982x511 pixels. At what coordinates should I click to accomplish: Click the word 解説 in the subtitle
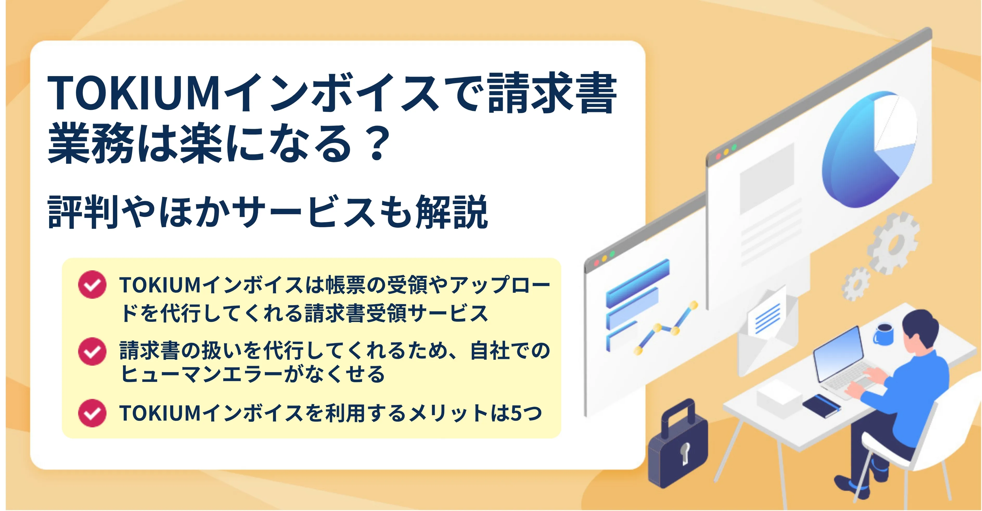(452, 211)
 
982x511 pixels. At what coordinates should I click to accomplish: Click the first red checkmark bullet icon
(92, 284)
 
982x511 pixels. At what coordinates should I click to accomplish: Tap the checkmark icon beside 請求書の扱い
(92, 351)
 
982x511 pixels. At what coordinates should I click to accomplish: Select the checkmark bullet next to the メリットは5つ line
(92, 413)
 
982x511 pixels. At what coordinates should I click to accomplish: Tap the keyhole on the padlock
(685, 454)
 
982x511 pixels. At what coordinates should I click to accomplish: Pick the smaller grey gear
(856, 284)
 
